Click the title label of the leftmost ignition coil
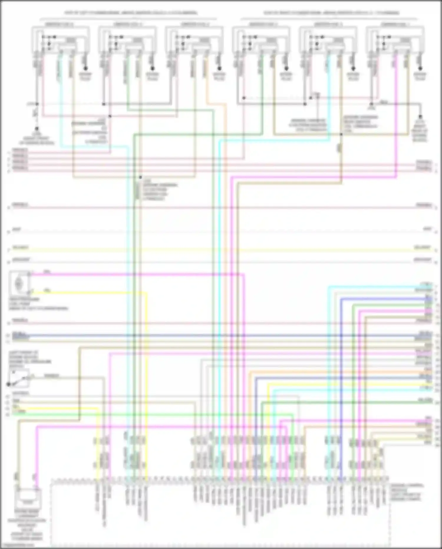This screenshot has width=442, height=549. tap(59, 24)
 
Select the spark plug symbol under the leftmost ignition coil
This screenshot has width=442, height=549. tap(86, 69)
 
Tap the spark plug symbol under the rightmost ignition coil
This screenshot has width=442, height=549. tap(420, 69)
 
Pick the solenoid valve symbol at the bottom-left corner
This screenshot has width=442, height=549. tap(28, 499)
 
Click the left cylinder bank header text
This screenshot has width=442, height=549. tap(131, 13)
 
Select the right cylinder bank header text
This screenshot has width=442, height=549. tap(331, 13)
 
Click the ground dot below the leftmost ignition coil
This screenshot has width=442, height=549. tap(37, 129)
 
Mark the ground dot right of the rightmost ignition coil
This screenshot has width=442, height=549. tap(420, 117)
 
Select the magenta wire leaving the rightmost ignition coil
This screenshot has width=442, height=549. tap(396, 118)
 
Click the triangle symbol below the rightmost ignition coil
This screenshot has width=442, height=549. tap(372, 104)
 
